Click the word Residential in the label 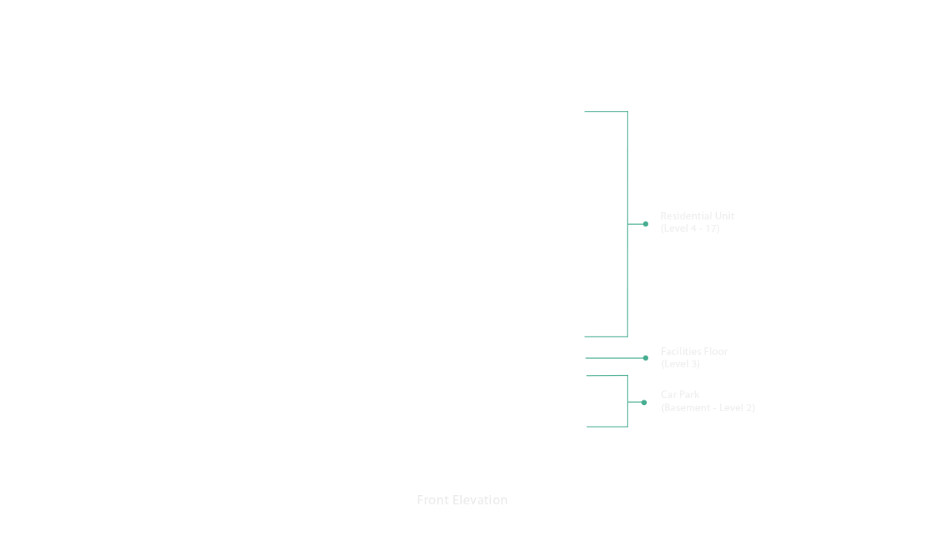tap(686, 216)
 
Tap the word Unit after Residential tap(725, 216)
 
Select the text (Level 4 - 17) tap(690, 229)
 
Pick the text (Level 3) tap(680, 364)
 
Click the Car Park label tap(680, 395)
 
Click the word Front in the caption tap(432, 500)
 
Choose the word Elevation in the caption tap(479, 500)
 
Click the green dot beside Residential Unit tap(645, 224)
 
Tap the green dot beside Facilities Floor tap(645, 358)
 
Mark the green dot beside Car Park tap(644, 403)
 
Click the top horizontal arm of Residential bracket tap(606, 112)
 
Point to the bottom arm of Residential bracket tap(606, 337)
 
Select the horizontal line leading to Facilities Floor tap(614, 358)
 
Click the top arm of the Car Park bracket tap(607, 376)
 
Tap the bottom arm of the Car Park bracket tap(607, 427)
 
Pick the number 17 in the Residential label tap(710, 229)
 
